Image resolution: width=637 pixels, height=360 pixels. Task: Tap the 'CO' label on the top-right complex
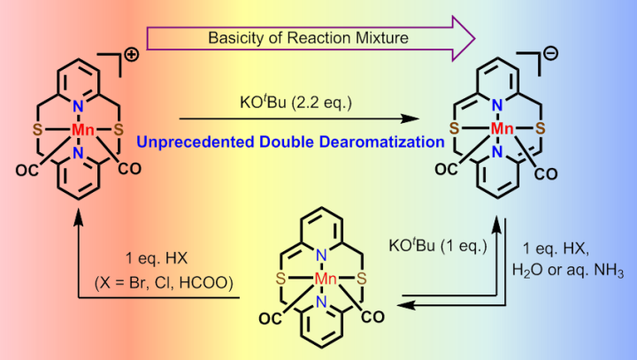pos(545,173)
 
